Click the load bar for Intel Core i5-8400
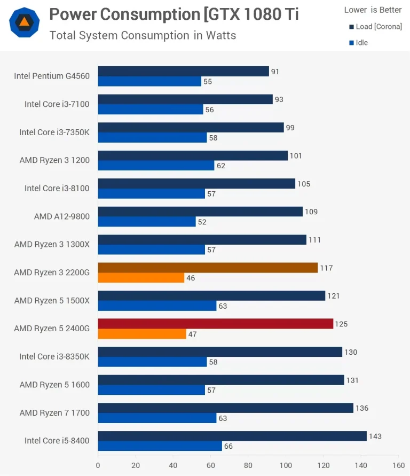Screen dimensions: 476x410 pos(232,436)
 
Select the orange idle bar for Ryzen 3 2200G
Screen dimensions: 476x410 pos(141,278)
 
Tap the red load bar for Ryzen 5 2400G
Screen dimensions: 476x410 pos(215,324)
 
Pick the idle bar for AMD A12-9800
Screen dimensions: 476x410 pos(147,222)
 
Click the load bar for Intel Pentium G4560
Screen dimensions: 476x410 pos(183,72)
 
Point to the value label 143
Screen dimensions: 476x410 pos(375,436)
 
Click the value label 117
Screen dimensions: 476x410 pos(326,268)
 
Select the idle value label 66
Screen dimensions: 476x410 pos(228,446)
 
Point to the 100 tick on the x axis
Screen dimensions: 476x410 pos(286,465)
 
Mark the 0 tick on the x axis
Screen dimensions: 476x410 pos(98,465)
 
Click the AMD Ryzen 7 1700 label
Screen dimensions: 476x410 pos(54,412)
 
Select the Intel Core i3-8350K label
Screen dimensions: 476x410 pos(54,356)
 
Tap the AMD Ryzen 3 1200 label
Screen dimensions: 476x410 pos(54,160)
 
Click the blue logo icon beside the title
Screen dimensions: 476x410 pos(24,22)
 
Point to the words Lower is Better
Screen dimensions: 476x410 pos(373,10)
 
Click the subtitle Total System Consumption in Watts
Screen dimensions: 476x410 pos(143,36)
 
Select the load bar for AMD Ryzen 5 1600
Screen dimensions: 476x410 pos(221,380)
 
